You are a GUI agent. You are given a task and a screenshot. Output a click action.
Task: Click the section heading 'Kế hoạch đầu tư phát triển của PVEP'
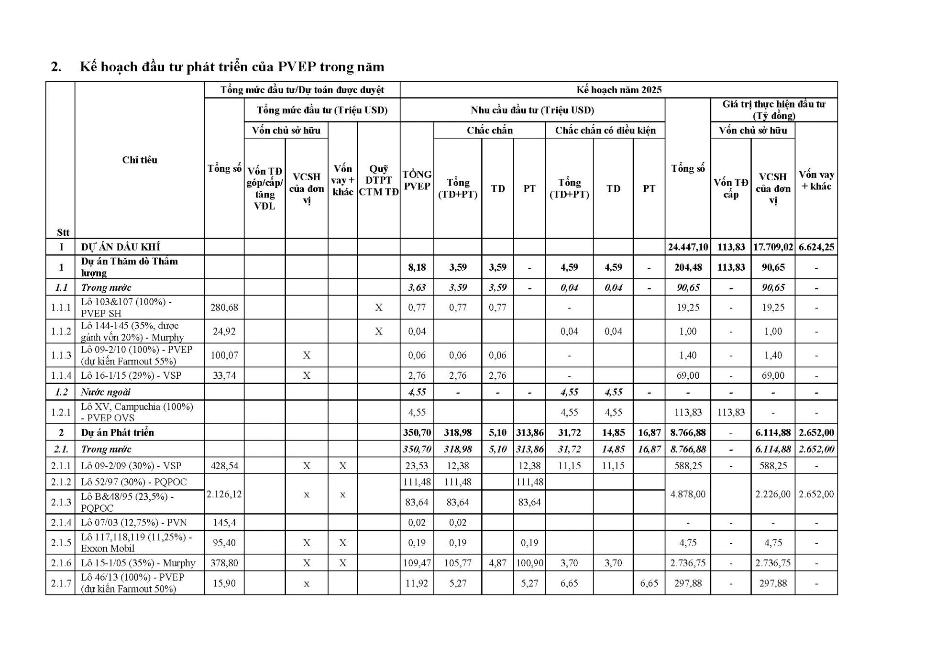point(231,66)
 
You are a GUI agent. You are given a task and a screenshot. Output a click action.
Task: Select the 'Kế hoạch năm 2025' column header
point(618,90)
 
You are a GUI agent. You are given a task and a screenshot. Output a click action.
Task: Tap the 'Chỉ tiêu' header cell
point(139,160)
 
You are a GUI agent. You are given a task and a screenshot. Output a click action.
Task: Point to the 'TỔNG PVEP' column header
point(417,180)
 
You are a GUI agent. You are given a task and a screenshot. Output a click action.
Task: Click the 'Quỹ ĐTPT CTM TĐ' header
point(378,180)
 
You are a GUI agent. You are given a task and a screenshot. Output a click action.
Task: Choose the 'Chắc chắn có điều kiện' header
point(605,130)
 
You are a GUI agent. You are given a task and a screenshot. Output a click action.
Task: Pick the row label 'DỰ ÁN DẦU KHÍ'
point(121,247)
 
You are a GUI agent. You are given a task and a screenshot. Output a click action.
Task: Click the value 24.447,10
point(688,247)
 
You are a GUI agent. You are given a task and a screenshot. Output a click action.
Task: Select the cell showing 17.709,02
point(773,247)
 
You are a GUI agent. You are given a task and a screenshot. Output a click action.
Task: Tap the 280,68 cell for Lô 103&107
point(224,307)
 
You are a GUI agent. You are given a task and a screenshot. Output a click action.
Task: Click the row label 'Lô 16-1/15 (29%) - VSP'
point(131,375)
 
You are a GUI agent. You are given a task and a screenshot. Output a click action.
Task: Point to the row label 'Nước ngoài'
point(105,392)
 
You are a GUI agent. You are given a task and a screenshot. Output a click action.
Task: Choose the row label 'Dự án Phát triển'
point(118,432)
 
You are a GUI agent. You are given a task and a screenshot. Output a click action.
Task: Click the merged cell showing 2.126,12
point(224,494)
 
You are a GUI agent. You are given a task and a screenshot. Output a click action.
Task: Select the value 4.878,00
point(688,494)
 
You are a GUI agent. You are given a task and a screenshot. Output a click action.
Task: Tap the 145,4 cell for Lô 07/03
point(224,522)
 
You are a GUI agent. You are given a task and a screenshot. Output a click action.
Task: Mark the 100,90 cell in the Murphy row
point(529,563)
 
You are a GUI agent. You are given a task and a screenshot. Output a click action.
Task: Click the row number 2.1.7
point(61,583)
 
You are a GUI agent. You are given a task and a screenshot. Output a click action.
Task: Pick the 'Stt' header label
point(63,232)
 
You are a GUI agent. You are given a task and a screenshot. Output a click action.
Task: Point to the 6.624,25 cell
point(816,247)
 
